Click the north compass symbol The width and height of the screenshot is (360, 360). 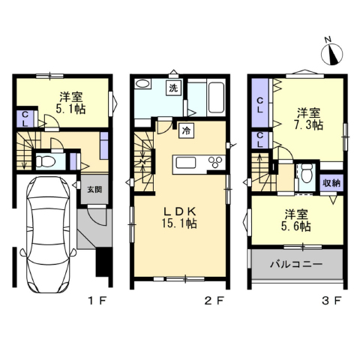tap(331, 54)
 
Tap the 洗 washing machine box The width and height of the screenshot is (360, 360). tap(173, 88)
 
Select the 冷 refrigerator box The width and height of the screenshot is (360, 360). tap(186, 131)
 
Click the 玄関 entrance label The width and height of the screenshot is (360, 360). tap(94, 190)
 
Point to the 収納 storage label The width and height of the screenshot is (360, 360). tap(331, 183)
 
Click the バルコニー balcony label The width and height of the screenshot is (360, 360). tap(296, 264)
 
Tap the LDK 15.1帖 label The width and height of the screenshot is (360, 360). tap(179, 217)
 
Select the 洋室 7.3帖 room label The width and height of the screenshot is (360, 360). tap(309, 119)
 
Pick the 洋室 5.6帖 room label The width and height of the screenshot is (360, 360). tap(297, 220)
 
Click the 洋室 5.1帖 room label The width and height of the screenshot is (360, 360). tap(71, 103)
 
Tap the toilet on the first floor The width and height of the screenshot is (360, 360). tap(45, 162)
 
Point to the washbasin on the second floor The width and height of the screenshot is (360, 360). tap(142, 84)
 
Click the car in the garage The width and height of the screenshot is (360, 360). tap(48, 235)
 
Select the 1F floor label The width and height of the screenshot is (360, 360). tap(97, 301)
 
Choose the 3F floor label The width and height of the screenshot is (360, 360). tap(331, 301)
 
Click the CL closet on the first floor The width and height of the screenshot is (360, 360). tap(25, 119)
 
